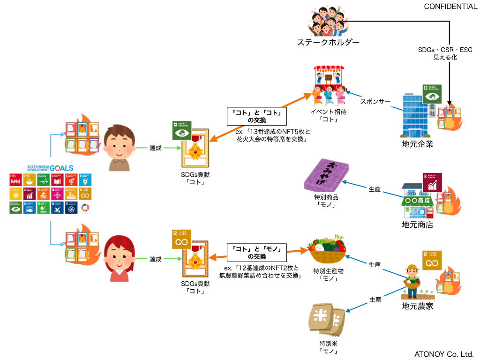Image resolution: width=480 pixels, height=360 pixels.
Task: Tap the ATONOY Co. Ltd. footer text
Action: (444, 354)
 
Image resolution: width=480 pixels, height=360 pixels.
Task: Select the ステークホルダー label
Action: (328, 43)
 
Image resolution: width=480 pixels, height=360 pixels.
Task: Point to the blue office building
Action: (416, 115)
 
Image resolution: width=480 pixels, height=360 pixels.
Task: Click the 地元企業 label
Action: (418, 144)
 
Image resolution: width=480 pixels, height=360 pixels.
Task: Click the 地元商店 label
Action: (418, 225)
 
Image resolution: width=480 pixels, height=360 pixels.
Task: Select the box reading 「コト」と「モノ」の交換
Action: (257, 253)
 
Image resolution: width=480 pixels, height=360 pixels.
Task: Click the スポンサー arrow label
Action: (375, 102)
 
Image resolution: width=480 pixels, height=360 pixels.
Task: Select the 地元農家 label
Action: (418, 307)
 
